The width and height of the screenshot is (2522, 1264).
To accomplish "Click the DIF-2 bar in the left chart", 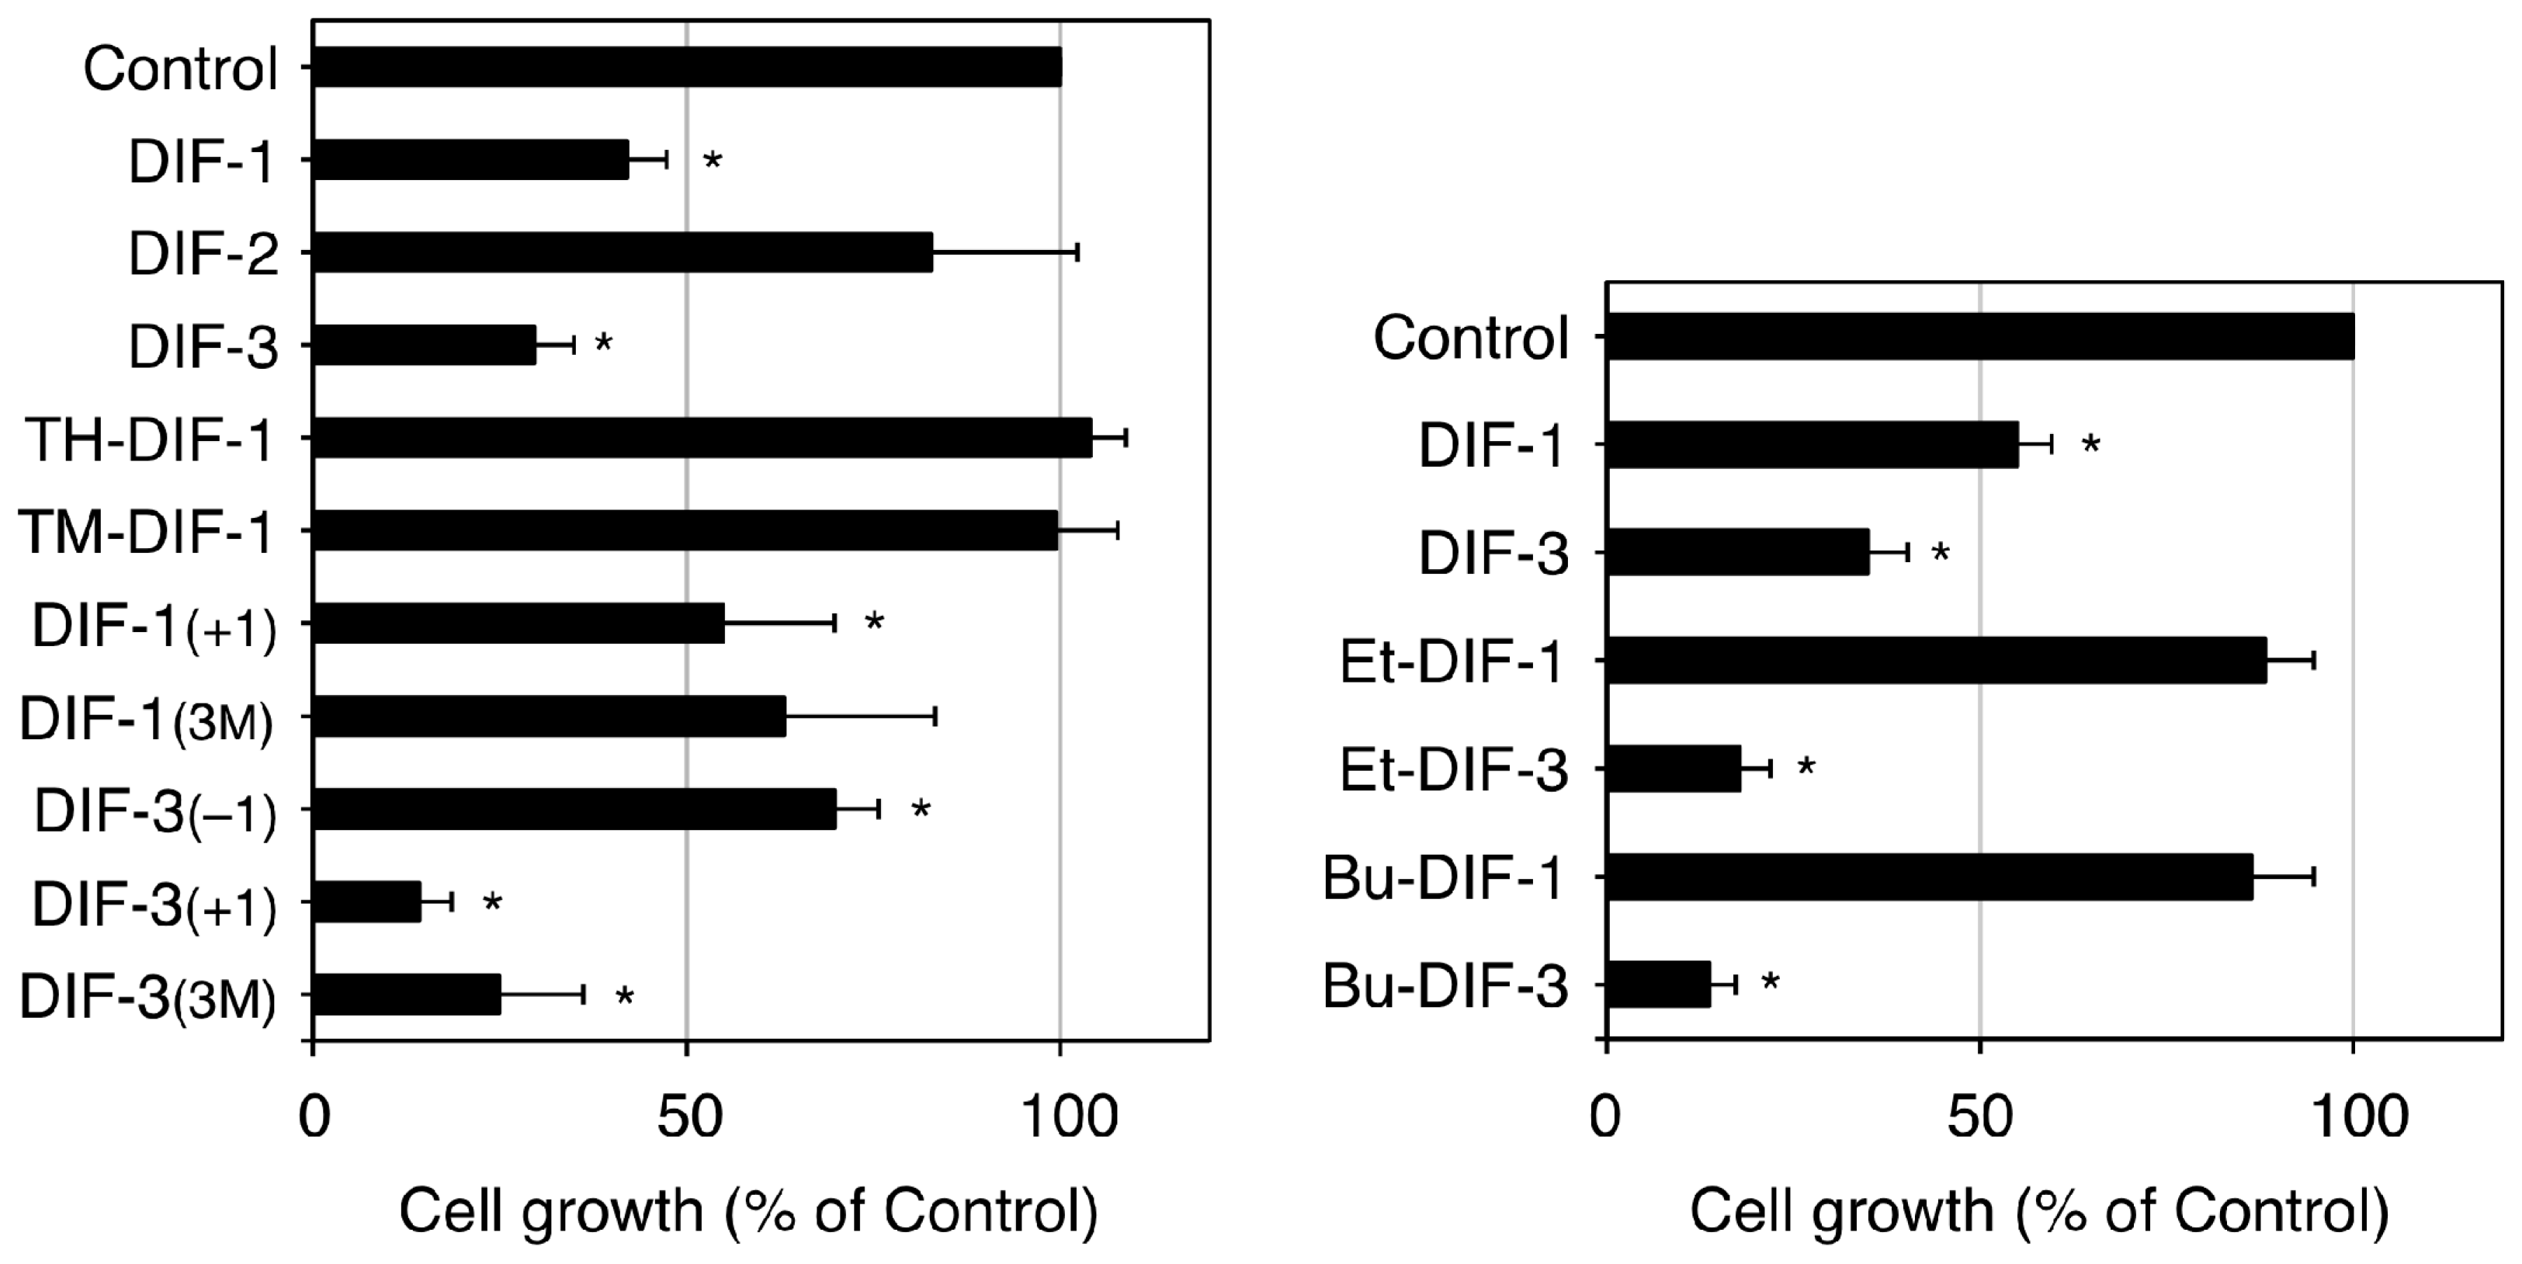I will click(x=622, y=252).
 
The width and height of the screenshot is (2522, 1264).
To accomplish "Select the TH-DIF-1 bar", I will click(x=701, y=438).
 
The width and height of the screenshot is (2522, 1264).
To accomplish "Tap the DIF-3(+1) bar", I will click(x=366, y=901).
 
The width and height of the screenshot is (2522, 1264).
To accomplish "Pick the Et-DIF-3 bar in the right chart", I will click(x=1673, y=769).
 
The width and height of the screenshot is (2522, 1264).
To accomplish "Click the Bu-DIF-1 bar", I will click(x=1929, y=877).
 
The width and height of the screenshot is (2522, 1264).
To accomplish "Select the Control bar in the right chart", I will click(x=1979, y=337).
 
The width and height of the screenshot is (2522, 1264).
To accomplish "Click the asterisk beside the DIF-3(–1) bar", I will click(x=921, y=810).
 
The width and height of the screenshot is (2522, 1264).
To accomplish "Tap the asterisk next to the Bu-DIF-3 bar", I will click(x=1770, y=983).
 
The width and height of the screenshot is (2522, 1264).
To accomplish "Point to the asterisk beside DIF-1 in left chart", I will click(x=713, y=161).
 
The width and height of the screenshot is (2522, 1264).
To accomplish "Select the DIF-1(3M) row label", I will click(x=147, y=721).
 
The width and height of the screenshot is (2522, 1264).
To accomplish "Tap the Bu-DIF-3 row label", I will click(x=1445, y=986).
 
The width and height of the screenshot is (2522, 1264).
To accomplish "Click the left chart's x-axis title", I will click(x=749, y=1212).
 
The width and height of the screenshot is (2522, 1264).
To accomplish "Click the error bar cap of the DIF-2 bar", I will click(x=1077, y=252).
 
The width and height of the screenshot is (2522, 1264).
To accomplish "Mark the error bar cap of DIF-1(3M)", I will click(x=936, y=717).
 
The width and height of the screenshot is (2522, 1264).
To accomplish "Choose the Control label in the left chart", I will click(x=181, y=70).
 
